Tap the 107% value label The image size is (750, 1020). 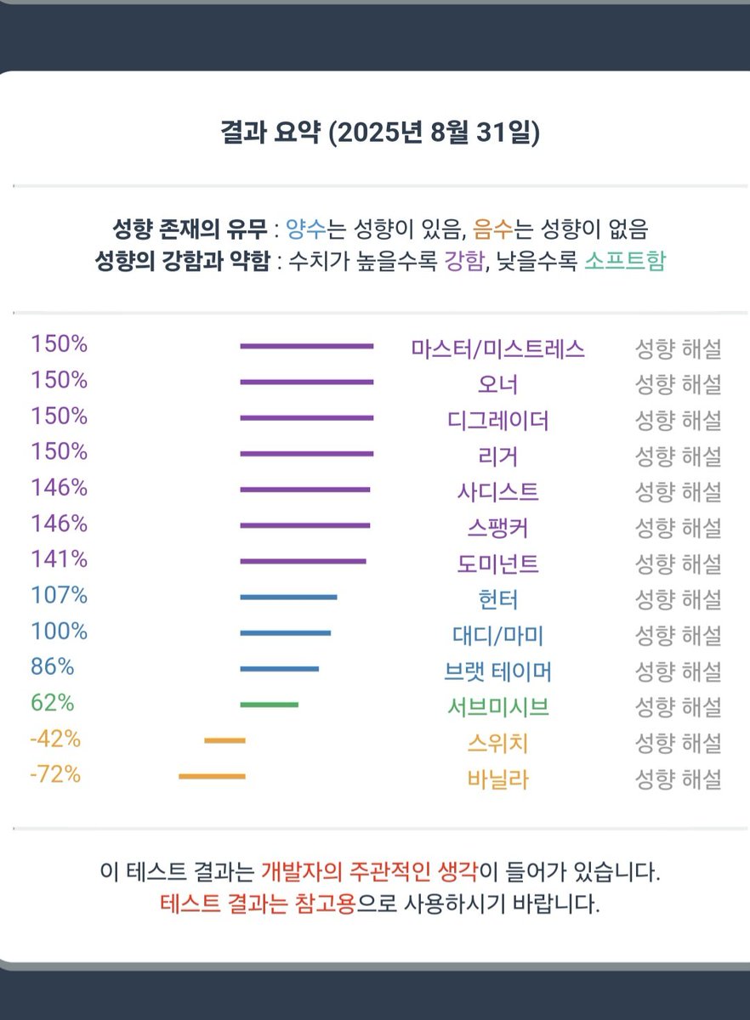tap(59, 596)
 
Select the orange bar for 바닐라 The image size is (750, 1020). tap(212, 776)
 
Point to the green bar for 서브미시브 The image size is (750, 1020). tap(269, 705)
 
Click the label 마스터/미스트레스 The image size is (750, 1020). tap(497, 348)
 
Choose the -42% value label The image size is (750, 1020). tap(55, 739)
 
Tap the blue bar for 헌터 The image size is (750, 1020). tap(288, 598)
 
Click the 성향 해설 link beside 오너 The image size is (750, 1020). tap(678, 384)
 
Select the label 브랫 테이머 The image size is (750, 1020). tap(497, 671)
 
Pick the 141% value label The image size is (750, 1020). tap(59, 559)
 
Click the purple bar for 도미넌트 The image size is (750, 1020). tap(303, 561)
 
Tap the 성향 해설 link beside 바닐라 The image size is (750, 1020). tap(678, 779)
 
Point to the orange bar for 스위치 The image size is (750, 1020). tap(224, 740)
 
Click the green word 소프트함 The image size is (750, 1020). tap(625, 261)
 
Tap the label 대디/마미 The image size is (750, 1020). tap(497, 635)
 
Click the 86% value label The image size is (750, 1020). tap(52, 667)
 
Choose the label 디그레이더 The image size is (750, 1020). tap(497, 420)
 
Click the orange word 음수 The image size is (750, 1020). tap(486, 229)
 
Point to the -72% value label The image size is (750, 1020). tap(55, 775)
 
